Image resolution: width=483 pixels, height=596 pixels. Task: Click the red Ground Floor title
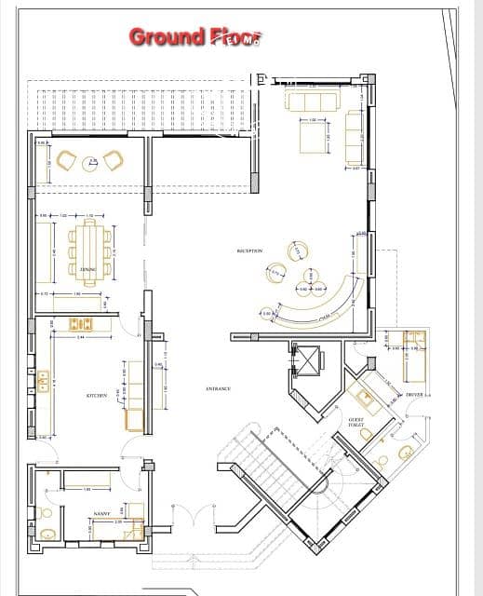tap(195, 37)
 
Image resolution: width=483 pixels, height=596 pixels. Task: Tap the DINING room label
tap(87, 269)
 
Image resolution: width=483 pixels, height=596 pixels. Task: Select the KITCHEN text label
tap(96, 395)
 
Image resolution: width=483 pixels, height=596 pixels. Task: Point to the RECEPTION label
tap(250, 251)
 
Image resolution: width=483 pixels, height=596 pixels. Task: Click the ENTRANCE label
tap(218, 388)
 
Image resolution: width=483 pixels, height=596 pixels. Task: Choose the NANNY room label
tap(102, 513)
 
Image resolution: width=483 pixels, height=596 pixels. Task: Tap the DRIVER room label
tap(414, 395)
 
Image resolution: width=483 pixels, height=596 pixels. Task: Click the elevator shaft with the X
tap(304, 359)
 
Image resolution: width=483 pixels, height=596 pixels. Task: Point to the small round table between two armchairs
tap(89, 163)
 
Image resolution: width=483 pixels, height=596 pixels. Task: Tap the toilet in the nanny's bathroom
tap(47, 534)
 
